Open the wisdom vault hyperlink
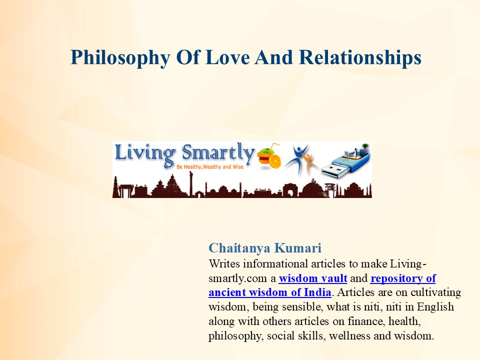pos(313,278)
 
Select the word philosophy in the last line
pos(234,335)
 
